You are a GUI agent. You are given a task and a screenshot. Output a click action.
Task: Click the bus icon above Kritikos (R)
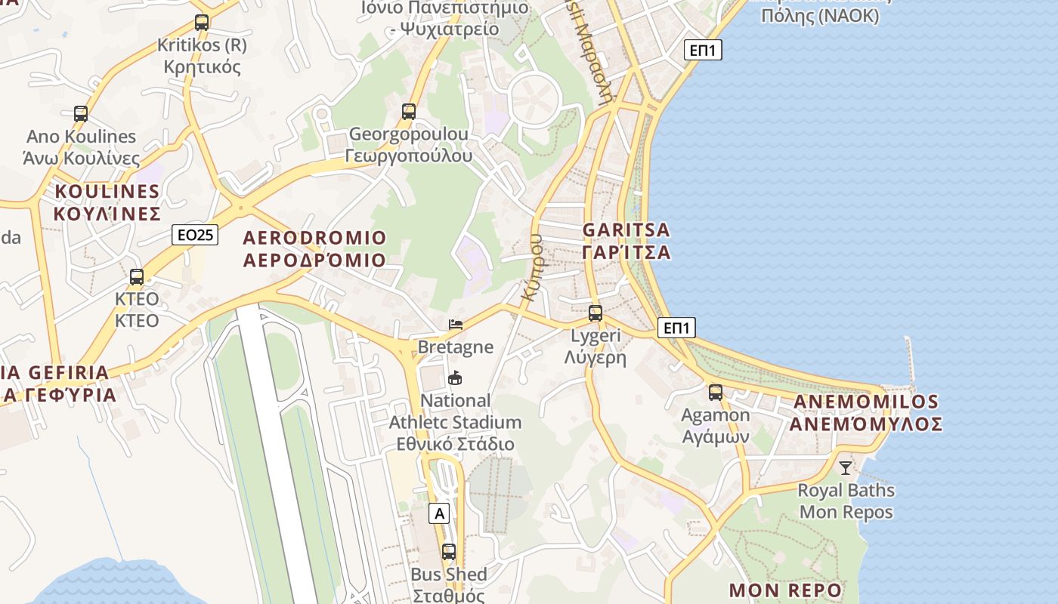201,23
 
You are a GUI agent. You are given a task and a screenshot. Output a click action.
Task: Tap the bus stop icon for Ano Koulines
81,114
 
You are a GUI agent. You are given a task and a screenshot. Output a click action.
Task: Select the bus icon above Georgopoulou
409,112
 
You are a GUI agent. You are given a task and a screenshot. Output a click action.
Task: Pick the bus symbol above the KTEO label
137,277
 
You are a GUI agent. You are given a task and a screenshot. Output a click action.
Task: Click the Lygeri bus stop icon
596,313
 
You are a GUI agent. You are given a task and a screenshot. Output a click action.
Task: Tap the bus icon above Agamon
715,393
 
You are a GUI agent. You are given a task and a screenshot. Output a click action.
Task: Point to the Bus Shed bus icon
449,552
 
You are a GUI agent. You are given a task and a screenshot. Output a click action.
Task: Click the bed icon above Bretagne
456,325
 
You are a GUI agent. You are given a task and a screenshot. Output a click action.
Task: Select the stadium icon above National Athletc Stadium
455,378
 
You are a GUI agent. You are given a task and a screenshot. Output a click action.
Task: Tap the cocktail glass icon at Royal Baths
845,468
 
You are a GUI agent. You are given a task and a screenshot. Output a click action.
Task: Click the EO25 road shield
195,235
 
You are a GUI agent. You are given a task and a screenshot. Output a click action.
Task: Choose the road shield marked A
438,514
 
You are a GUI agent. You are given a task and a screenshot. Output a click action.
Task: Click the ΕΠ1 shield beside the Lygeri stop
676,328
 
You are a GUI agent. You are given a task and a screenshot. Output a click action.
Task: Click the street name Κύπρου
534,267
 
